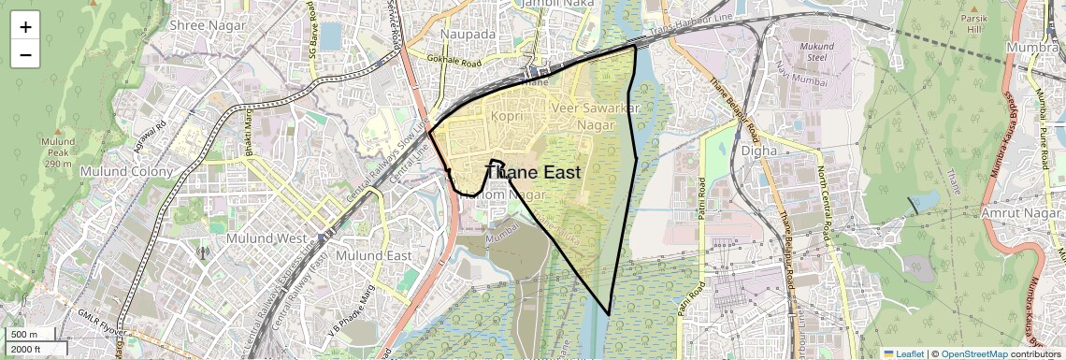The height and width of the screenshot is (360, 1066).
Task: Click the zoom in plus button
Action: (25, 27)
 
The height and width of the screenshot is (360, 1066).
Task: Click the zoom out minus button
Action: (25, 55)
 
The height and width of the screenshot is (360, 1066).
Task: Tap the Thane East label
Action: (534, 172)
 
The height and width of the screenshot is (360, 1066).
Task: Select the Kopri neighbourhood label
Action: (506, 116)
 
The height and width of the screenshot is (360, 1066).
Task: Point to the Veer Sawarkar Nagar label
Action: (596, 117)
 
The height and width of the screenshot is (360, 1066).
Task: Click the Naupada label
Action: (468, 34)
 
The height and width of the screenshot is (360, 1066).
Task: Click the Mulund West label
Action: (265, 238)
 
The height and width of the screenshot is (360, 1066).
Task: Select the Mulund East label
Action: (373, 255)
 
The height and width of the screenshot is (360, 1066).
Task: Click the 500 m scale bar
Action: (25, 334)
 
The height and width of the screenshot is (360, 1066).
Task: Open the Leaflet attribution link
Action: (902, 353)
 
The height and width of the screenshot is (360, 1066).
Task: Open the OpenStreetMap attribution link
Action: (973, 353)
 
